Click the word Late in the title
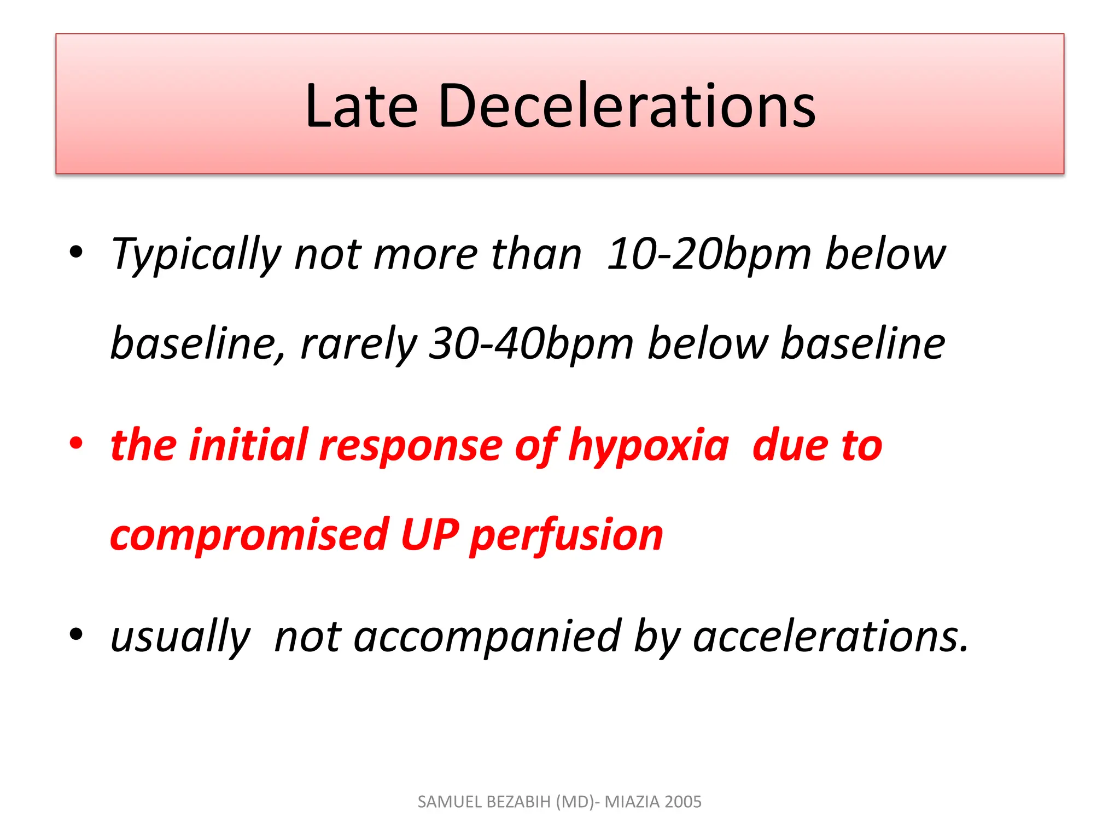tap(361, 106)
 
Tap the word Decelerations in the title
tap(627, 106)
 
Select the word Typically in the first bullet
tap(195, 254)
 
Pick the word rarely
tap(359, 344)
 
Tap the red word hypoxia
tap(649, 445)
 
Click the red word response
tap(411, 446)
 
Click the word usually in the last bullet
tap(180, 637)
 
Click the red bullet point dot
tap(76, 442)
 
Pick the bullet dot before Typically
tap(76, 252)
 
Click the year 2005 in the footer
tap(683, 802)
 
